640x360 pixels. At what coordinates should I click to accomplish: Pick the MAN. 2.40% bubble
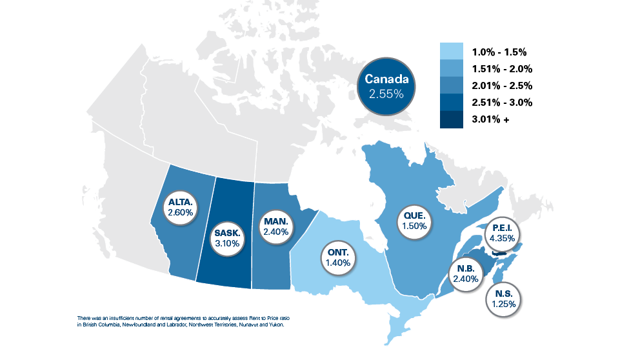pos(276,226)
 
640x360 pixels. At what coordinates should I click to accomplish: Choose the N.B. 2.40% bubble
pos(466,274)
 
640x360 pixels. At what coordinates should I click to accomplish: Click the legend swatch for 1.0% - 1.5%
pos(452,52)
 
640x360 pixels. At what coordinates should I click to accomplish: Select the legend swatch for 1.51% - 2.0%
pos(452,69)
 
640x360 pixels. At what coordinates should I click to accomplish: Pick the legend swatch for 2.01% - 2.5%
pos(452,86)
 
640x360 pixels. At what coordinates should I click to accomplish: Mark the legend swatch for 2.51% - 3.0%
pos(452,103)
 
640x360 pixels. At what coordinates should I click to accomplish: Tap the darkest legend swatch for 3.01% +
pos(452,119)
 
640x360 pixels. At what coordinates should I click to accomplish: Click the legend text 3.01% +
pos(492,119)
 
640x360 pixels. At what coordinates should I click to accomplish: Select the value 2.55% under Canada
pos(386,94)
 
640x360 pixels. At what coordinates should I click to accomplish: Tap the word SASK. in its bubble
pos(226,233)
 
